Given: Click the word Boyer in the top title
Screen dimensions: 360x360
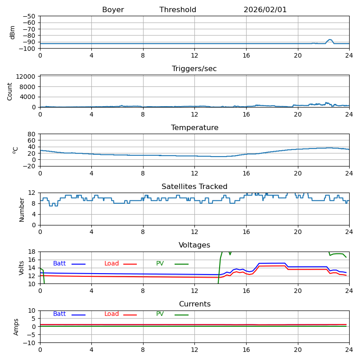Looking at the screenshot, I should (x=113, y=10).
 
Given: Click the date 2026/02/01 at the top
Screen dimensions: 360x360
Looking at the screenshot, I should (x=265, y=10).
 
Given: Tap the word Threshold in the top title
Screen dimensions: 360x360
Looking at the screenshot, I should (x=178, y=10).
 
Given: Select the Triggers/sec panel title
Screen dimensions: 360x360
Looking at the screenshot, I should (x=194, y=69).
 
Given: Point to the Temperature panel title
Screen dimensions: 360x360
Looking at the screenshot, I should (x=194, y=128).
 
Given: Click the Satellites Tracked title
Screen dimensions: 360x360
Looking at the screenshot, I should (x=194, y=187).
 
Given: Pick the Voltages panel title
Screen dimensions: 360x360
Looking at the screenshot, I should (x=194, y=245).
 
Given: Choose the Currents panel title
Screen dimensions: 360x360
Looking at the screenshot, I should (x=194, y=304).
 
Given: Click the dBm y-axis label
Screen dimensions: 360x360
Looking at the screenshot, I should (x=13, y=32).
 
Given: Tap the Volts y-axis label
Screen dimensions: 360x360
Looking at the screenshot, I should (x=22, y=268).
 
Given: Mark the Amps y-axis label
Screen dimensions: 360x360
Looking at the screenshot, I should (x=16, y=327).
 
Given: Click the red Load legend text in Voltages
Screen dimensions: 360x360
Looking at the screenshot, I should (x=112, y=264).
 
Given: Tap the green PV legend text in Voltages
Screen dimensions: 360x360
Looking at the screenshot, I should (x=160, y=264).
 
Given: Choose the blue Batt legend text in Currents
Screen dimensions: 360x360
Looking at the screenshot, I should (x=59, y=314).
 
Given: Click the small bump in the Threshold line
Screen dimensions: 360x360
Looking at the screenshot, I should (x=330, y=40).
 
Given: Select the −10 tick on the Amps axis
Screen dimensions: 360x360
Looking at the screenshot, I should (x=30, y=343).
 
